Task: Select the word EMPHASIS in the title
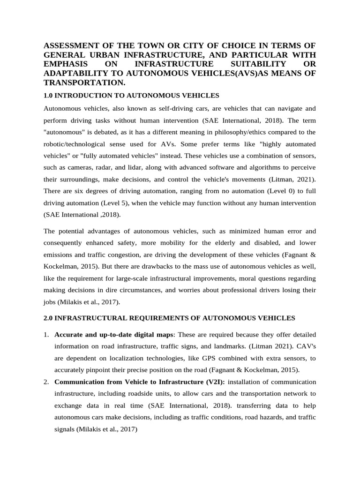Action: click(65, 64)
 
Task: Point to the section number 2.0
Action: click(48, 318)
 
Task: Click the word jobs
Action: click(50, 302)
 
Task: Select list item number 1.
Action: click(46, 335)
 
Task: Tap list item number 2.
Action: click(46, 382)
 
